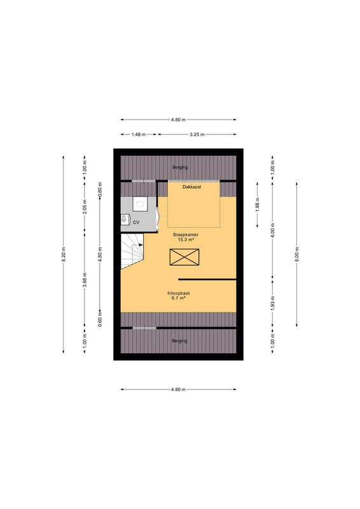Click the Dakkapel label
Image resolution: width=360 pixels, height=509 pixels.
click(x=191, y=187)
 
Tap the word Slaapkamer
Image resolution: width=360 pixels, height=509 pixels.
click(x=186, y=235)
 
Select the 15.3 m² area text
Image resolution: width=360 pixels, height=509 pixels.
click(x=186, y=240)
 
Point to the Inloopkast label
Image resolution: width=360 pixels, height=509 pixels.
click(x=179, y=293)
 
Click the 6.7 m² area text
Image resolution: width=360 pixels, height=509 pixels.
click(x=178, y=298)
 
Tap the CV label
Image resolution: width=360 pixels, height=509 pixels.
click(x=136, y=222)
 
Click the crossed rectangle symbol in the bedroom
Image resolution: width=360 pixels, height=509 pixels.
click(x=184, y=257)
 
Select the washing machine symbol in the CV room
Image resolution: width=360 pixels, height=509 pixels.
click(x=140, y=204)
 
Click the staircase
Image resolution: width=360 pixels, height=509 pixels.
click(x=132, y=251)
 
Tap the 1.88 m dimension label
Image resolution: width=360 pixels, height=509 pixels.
click(x=258, y=204)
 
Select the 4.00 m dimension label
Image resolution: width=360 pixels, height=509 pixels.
click(x=273, y=230)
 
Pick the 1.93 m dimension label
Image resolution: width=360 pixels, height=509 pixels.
click(x=273, y=303)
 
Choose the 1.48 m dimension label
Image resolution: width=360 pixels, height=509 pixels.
click(x=139, y=134)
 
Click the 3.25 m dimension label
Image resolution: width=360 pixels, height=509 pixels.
click(x=197, y=134)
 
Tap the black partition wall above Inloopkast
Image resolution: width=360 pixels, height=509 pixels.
click(x=207, y=279)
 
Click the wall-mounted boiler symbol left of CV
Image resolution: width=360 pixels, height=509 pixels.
click(x=123, y=220)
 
